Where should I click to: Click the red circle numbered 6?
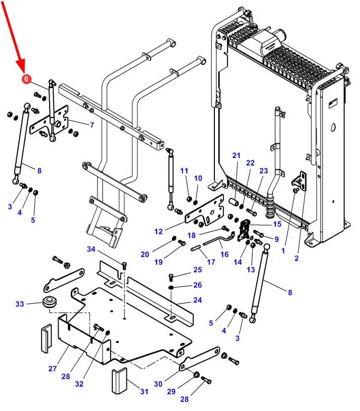[26, 78]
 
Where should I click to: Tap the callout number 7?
[92, 125]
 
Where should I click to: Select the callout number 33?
[20, 304]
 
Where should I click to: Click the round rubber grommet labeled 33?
[49, 302]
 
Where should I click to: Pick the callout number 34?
[91, 249]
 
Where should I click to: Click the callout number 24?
[197, 300]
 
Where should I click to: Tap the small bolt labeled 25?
[171, 277]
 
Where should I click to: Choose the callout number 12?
[158, 231]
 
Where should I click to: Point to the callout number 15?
[277, 224]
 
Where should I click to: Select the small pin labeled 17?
[196, 248]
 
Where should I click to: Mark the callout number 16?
[224, 254]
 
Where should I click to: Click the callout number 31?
[144, 391]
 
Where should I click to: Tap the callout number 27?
[53, 368]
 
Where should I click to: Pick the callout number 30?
[158, 384]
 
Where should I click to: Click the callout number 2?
[296, 258]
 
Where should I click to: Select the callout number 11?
[184, 171]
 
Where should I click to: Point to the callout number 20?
[145, 254]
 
